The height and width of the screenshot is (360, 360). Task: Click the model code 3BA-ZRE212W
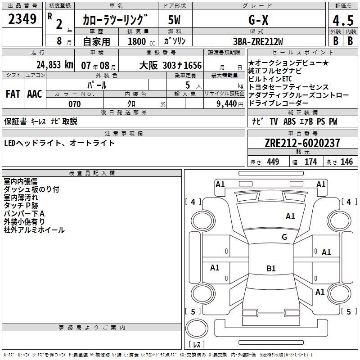[258, 41]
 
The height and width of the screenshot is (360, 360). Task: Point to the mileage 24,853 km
[54, 64]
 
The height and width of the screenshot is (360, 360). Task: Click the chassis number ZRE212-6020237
[302, 143]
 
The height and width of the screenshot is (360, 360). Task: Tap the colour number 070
[74, 104]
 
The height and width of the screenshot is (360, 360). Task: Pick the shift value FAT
[13, 94]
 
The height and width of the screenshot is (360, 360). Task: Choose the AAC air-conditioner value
[34, 94]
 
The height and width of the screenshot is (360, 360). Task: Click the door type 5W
[174, 20]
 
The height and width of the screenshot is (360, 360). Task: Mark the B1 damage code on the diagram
[271, 269]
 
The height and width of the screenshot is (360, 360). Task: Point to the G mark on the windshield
[284, 237]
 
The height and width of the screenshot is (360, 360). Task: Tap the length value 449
[273, 162]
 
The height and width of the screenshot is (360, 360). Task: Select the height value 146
[346, 162]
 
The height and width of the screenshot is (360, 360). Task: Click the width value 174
[310, 162]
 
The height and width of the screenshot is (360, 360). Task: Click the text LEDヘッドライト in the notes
[33, 143]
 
